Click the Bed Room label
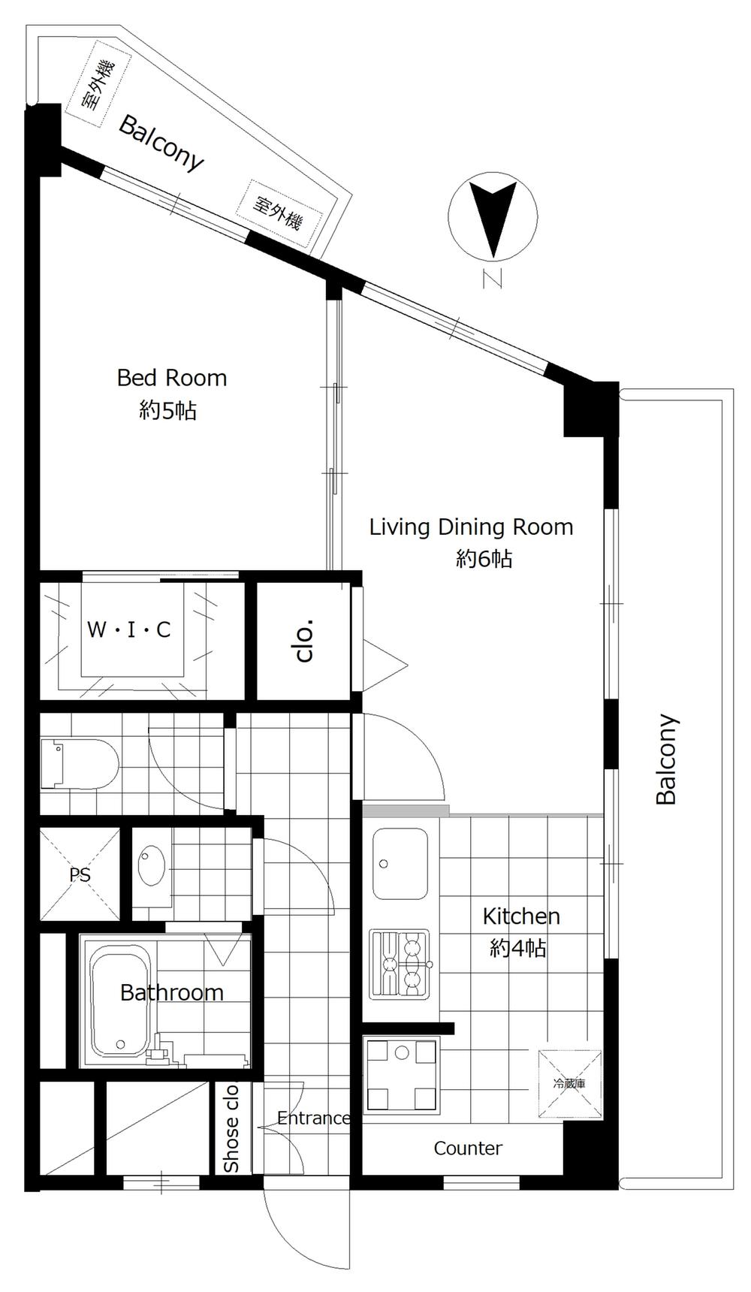[x=172, y=377]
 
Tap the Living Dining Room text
[x=471, y=527]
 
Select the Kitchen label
[x=521, y=916]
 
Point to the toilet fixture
[x=80, y=764]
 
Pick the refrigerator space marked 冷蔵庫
[x=569, y=1084]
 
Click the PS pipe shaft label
[x=80, y=875]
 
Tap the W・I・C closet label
[x=129, y=629]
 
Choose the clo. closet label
[x=304, y=641]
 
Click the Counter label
[x=468, y=1148]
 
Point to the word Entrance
[x=314, y=1118]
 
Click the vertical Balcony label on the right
[x=666, y=759]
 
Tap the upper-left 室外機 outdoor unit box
[x=99, y=84]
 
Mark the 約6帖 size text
[x=484, y=559]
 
